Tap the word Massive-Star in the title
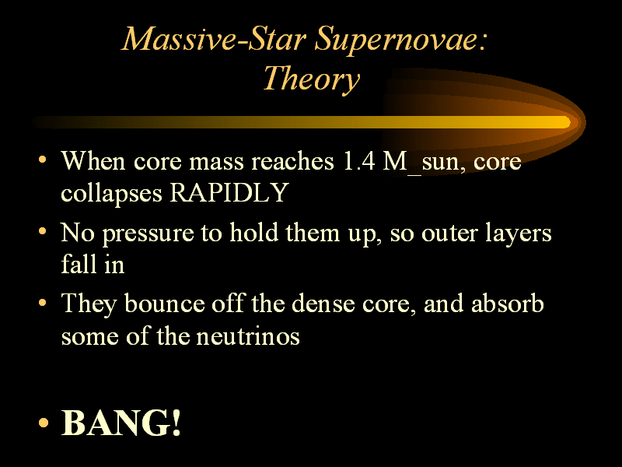pyautogui.click(x=214, y=39)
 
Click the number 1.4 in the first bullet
pyautogui.click(x=358, y=161)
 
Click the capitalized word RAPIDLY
pyautogui.click(x=229, y=193)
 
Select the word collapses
pyautogui.click(x=111, y=194)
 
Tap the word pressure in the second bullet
pyautogui.click(x=149, y=234)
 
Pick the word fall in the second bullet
pyautogui.click(x=79, y=264)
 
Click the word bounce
pyautogui.click(x=164, y=304)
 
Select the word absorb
pyautogui.click(x=508, y=304)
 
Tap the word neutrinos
pyautogui.click(x=248, y=336)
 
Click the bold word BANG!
pyautogui.click(x=121, y=423)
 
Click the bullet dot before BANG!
pyautogui.click(x=44, y=423)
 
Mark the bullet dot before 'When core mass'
pyautogui.click(x=43, y=160)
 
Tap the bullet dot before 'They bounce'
pyautogui.click(x=43, y=303)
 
